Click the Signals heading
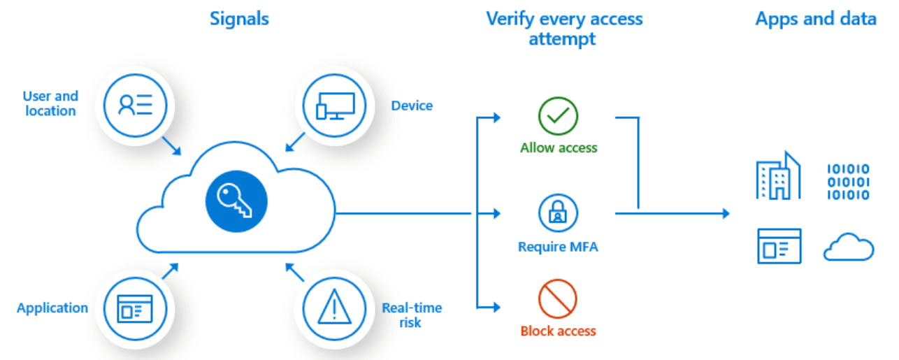[239, 19]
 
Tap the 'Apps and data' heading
[815, 19]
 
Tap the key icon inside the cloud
[236, 200]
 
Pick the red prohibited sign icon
[558, 298]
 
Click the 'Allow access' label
[559, 148]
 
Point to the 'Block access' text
[558, 331]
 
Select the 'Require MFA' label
[558, 247]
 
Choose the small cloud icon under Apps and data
[848, 247]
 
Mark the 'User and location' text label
[50, 103]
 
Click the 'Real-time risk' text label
[412, 315]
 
